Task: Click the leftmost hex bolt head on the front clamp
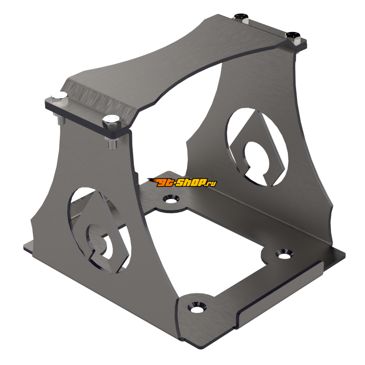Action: point(58,96)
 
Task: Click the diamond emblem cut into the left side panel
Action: point(98,228)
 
